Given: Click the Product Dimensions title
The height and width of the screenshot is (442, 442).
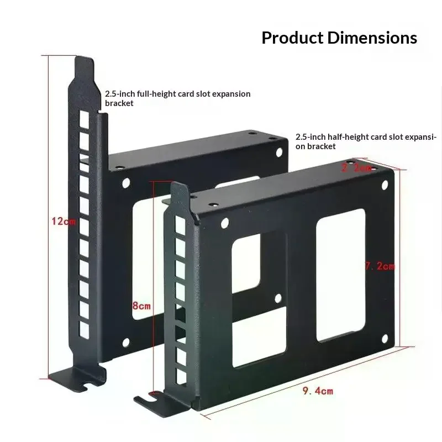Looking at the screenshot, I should coord(339,38).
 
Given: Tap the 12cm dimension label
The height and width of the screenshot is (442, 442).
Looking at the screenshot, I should coord(63,222).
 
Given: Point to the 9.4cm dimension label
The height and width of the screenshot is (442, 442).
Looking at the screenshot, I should coord(318,391).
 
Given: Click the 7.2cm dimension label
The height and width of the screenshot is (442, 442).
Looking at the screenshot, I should coord(380,266).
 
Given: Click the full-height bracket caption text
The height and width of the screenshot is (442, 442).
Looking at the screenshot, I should coord(177,98).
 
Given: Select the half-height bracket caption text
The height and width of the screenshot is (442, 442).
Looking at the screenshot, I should coord(366,141).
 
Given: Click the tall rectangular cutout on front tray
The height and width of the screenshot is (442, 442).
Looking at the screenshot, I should coord(340,275).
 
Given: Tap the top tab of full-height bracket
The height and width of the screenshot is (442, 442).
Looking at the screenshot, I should coord(83,66).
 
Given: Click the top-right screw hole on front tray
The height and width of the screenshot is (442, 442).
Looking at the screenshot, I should coord(385,185).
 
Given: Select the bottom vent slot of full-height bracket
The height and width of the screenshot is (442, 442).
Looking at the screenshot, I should coord(83,330).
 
